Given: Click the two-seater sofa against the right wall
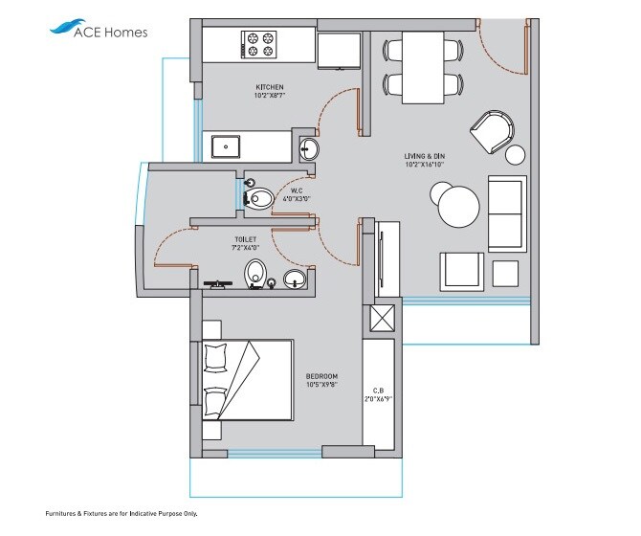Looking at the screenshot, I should pyautogui.click(x=506, y=212).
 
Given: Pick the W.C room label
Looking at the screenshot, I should pyautogui.click(x=297, y=191).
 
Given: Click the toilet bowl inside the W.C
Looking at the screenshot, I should pyautogui.click(x=259, y=198).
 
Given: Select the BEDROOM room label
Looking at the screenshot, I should pyautogui.click(x=321, y=376).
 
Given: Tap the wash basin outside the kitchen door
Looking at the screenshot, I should pyautogui.click(x=309, y=148).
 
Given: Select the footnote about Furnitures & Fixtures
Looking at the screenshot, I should pyautogui.click(x=121, y=514).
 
